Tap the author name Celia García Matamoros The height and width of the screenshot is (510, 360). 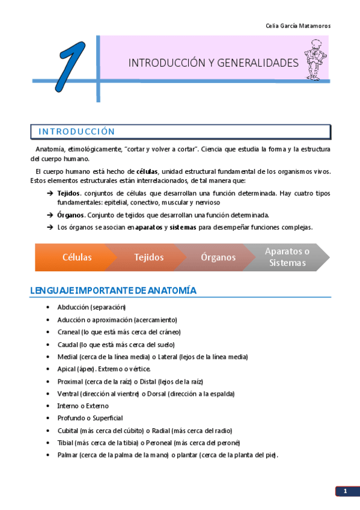[x=297, y=26]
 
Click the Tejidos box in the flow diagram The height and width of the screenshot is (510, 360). [x=149, y=257]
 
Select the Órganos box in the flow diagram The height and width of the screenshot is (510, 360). [x=218, y=257]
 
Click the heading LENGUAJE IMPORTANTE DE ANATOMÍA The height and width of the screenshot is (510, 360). [x=114, y=291]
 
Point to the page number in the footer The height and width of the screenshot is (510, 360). [x=346, y=492]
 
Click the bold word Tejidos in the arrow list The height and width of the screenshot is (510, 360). [x=69, y=193]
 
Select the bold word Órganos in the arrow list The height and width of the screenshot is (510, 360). [x=70, y=215]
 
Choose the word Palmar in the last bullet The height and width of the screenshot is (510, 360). [x=67, y=455]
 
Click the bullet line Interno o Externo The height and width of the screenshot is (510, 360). [x=83, y=406]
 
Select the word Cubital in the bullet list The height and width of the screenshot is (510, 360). [x=69, y=431]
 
